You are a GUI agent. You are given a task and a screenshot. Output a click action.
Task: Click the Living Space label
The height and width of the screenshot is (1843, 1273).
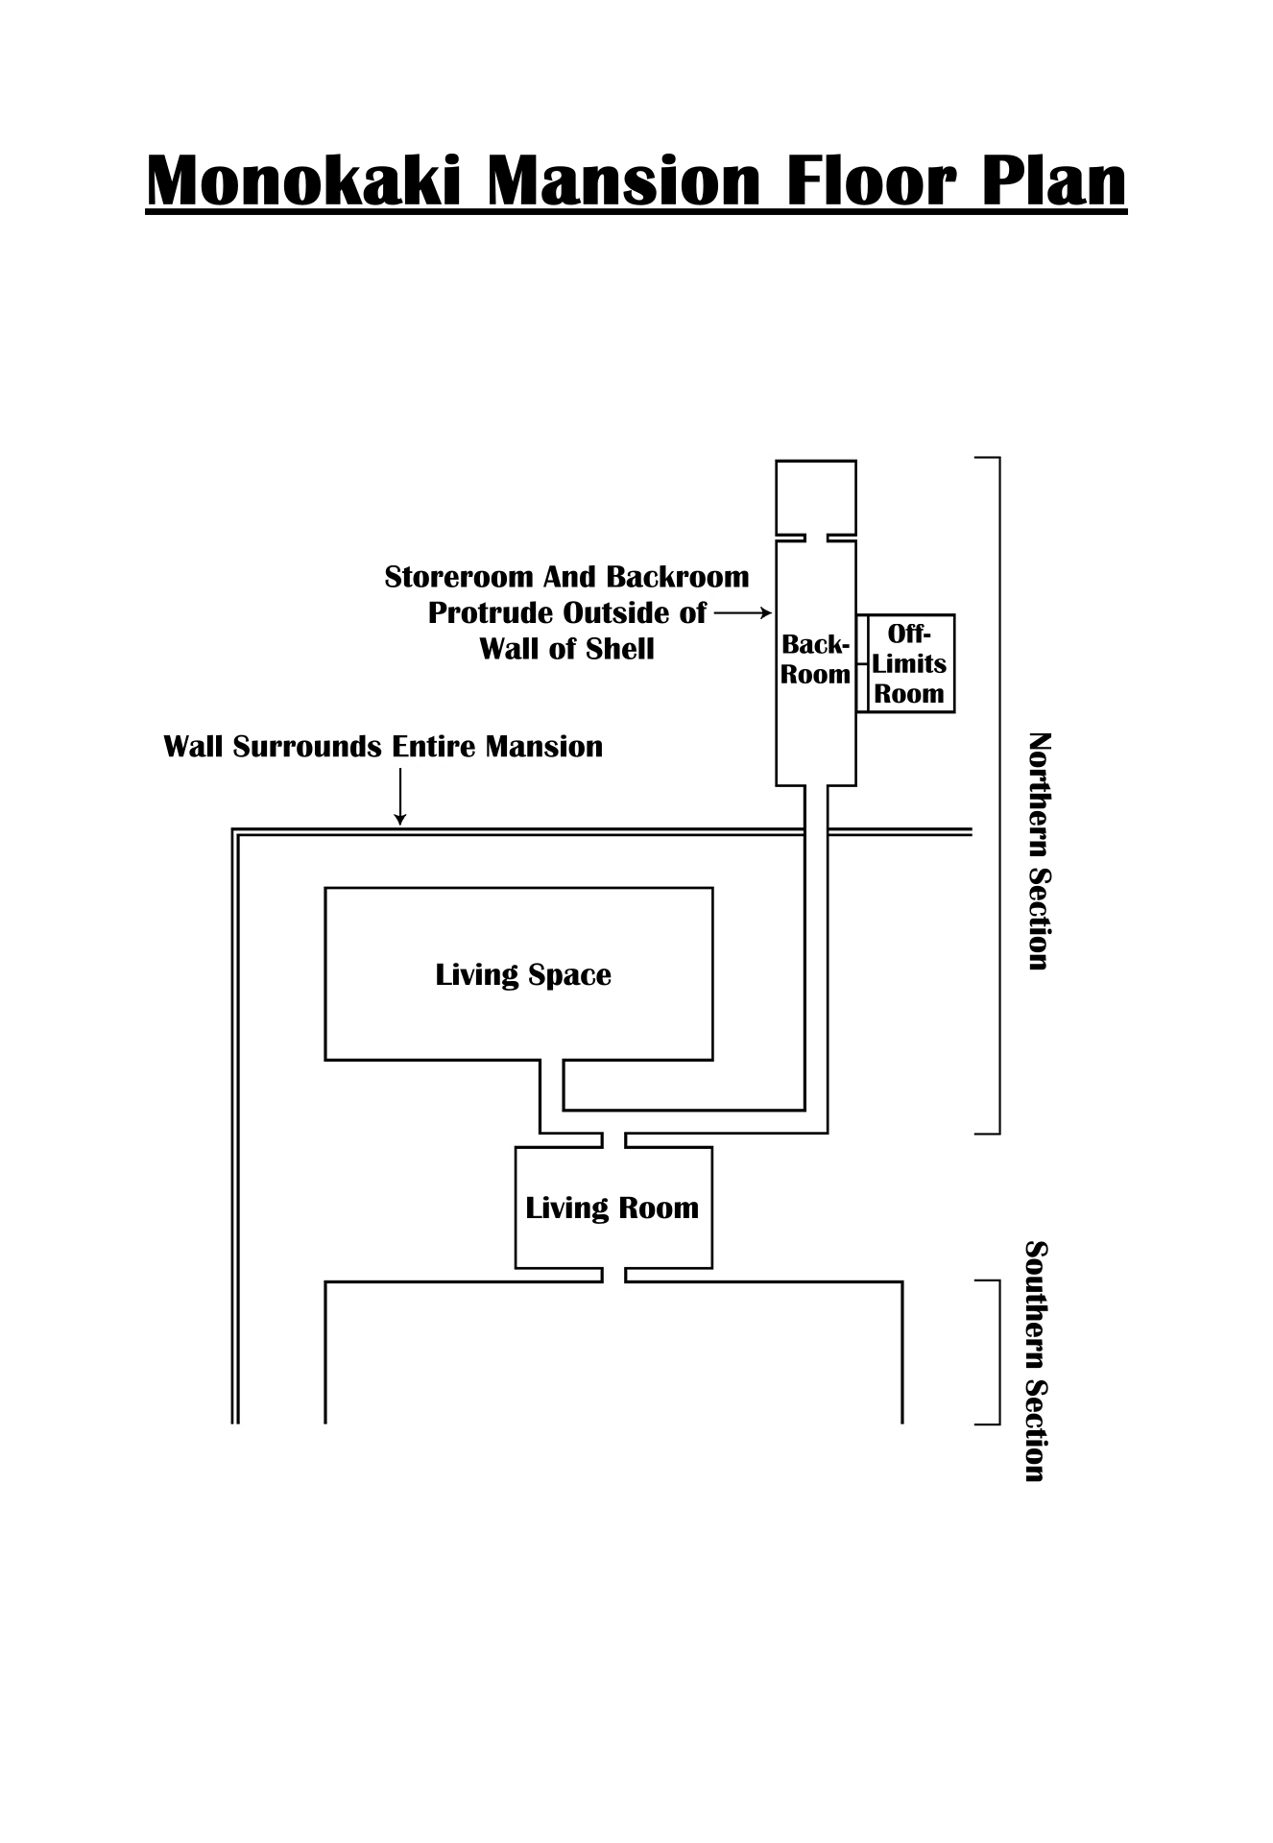tap(523, 975)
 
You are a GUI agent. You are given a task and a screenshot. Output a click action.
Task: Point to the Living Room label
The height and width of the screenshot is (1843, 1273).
tap(612, 1208)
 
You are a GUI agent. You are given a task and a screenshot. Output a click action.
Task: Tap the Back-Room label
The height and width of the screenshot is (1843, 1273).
tap(815, 659)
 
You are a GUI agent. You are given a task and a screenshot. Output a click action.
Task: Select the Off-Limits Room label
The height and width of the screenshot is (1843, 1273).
tap(909, 663)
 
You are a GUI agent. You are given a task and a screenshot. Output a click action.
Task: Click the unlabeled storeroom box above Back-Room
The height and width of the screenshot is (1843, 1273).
tap(815, 496)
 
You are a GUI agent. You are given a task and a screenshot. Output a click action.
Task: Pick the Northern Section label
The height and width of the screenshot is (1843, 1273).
tap(1039, 851)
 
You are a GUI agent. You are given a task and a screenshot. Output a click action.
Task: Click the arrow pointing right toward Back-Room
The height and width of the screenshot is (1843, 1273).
tap(743, 612)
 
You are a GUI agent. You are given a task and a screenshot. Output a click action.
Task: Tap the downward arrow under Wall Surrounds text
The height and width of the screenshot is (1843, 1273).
tap(400, 797)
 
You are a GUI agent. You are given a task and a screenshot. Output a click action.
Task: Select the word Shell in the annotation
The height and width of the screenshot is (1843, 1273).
tap(619, 649)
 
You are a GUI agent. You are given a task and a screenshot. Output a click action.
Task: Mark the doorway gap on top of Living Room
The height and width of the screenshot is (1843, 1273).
tap(613, 1140)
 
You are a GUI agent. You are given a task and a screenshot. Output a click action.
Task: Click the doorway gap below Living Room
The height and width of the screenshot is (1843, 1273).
tap(613, 1275)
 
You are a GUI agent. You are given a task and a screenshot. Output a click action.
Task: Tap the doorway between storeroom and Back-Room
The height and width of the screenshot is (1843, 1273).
tap(816, 538)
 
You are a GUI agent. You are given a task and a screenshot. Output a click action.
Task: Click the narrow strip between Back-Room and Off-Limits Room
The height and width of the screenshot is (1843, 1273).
tap(862, 663)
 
